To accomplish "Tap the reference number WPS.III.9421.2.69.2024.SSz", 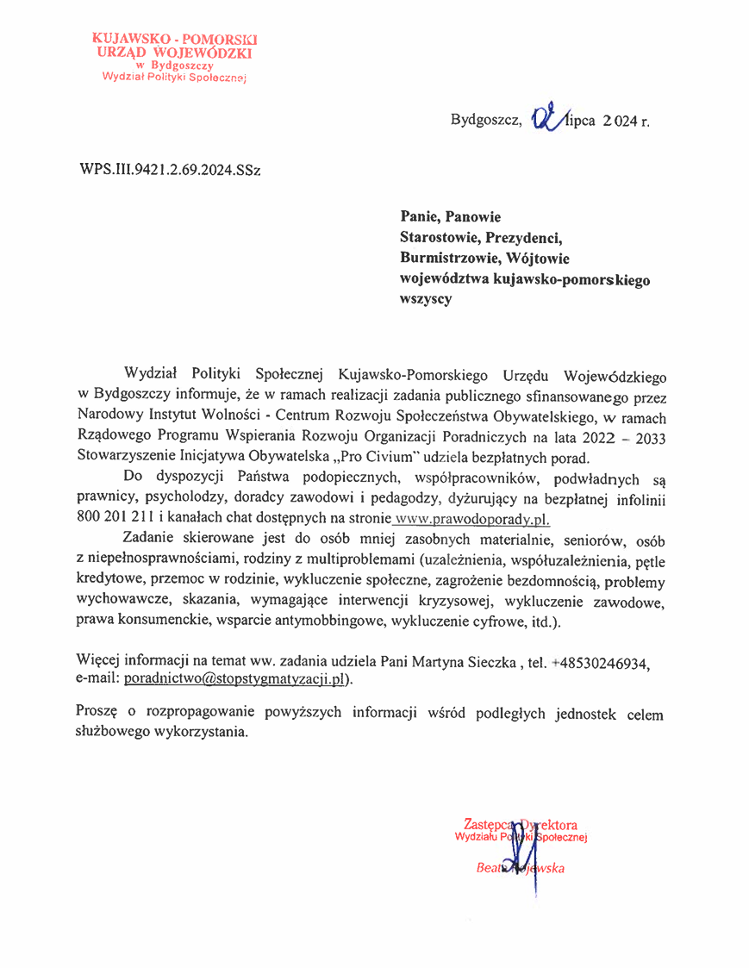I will click(170, 169).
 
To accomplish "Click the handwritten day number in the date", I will click(546, 118).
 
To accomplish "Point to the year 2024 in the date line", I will click(619, 122).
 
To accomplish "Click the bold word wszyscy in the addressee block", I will click(425, 299).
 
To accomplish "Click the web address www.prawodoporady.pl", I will click(471, 519).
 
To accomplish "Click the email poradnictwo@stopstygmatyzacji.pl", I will click(237, 678).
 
